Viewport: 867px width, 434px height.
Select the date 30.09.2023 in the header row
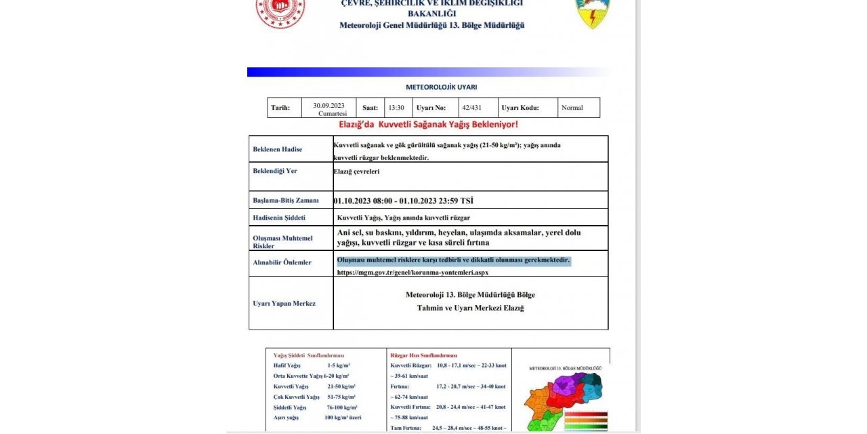pyautogui.click(x=329, y=105)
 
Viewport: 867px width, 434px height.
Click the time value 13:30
pyautogui.click(x=396, y=108)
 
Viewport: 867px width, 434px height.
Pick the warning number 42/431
pyautogui.click(x=471, y=107)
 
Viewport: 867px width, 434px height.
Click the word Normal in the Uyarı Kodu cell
pyautogui.click(x=572, y=108)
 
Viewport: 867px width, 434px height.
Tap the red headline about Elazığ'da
pyautogui.click(x=428, y=125)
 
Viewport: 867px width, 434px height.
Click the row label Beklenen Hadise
pyautogui.click(x=277, y=149)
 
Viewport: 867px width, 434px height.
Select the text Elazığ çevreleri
pyautogui.click(x=356, y=172)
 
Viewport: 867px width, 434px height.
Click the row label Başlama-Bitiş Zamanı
pyautogui.click(x=285, y=201)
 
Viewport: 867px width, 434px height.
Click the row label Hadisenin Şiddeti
pyautogui.click(x=279, y=218)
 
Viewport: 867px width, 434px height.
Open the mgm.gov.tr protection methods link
pyautogui.click(x=413, y=273)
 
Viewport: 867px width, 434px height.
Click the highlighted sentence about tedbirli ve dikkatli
pyautogui.click(x=453, y=260)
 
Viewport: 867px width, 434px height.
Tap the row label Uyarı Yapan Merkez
pyautogui.click(x=284, y=303)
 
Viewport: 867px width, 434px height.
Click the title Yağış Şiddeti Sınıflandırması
pyautogui.click(x=309, y=355)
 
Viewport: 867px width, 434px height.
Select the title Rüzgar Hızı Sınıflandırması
pyautogui.click(x=424, y=355)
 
